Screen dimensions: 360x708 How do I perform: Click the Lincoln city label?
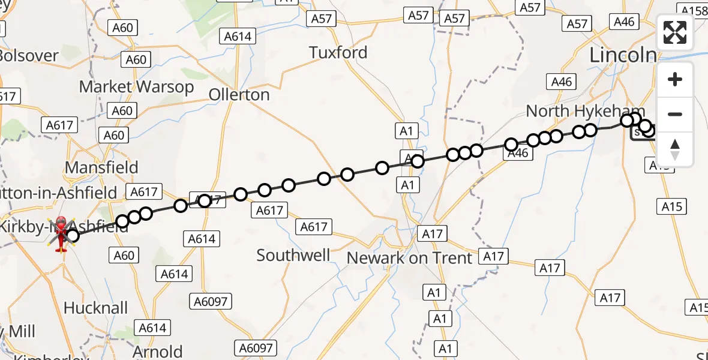coord(623,55)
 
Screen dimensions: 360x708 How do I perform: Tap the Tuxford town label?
coord(338,53)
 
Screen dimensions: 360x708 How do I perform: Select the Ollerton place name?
coord(239,95)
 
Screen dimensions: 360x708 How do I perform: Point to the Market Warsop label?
coord(137,87)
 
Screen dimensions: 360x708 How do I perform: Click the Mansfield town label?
coord(101,167)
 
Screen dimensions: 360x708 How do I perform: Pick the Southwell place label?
coord(293,256)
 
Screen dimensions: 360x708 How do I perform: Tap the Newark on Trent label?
coord(410,258)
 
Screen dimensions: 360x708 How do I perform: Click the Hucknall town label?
coord(95,308)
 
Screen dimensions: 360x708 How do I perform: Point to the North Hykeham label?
coord(585,111)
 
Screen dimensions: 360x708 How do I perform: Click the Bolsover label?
coord(29,56)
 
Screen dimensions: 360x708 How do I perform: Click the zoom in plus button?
coord(675,79)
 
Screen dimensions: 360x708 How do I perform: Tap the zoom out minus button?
coord(675,114)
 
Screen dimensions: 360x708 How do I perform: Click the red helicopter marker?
coord(61,233)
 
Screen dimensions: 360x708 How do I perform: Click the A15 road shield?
coord(672,206)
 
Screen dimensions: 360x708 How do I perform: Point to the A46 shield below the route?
coord(517,153)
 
